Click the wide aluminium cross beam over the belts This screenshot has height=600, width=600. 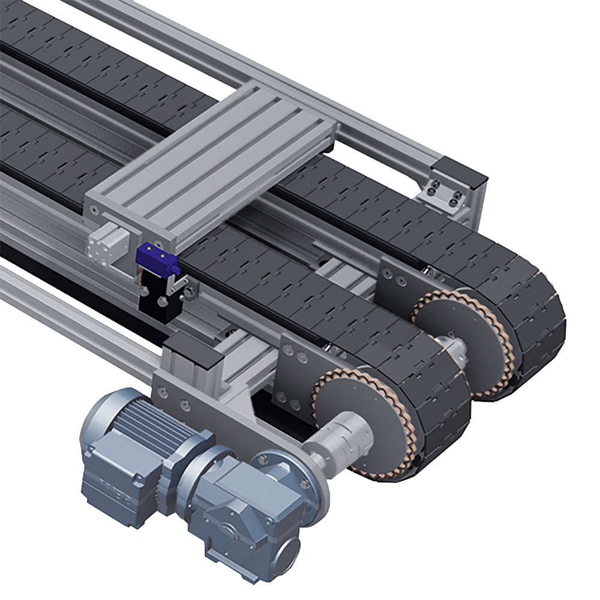(x=210, y=162)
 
